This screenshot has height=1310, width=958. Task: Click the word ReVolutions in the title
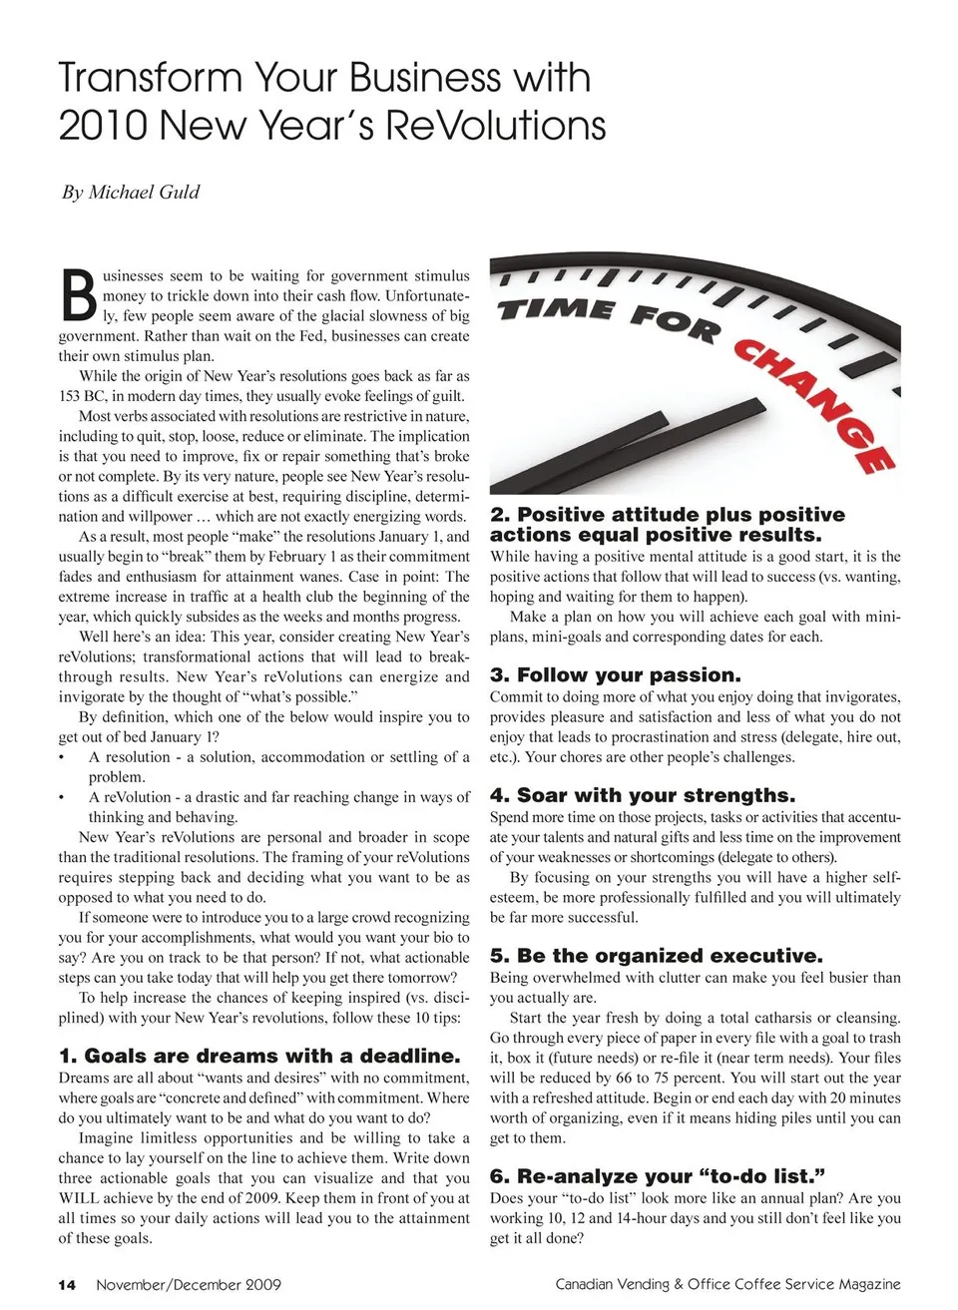click(495, 126)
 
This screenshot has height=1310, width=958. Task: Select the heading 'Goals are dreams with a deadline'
click(259, 1056)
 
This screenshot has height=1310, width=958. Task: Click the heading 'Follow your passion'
click(616, 674)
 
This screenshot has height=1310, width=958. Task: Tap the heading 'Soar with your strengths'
click(643, 795)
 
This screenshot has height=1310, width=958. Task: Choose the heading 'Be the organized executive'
click(657, 955)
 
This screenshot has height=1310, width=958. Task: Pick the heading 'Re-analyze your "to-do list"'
click(658, 1175)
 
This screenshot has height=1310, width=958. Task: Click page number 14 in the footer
click(67, 1284)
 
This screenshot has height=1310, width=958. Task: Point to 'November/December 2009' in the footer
click(189, 1284)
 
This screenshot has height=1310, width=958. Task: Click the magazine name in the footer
click(727, 1284)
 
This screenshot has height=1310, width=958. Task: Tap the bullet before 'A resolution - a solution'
click(62, 757)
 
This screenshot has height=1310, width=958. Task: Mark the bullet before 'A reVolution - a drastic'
click(62, 797)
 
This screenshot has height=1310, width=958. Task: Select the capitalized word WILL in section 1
click(79, 1198)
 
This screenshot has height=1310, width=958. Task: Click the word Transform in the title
click(150, 78)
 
